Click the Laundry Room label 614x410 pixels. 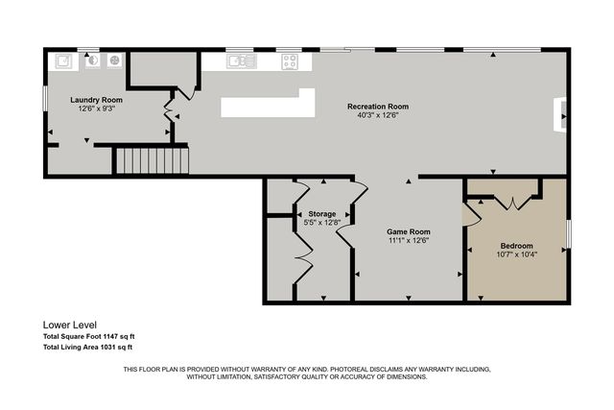pos(97,100)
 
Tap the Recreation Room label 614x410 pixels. pos(377,107)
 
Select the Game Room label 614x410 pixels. pos(408,231)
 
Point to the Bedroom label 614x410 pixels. pos(516,246)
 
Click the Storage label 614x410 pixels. pos(321,214)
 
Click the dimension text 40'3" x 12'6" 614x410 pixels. pos(377,115)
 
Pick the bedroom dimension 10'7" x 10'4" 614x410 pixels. pos(516,254)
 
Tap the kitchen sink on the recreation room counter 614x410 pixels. pos(240,61)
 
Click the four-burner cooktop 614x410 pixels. pos(289,61)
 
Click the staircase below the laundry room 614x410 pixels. pos(152,159)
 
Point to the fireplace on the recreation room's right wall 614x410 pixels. pos(563,115)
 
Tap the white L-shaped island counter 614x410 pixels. pos(268,104)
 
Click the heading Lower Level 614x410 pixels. pos(69,325)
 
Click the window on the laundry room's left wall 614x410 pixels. pos(44,99)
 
